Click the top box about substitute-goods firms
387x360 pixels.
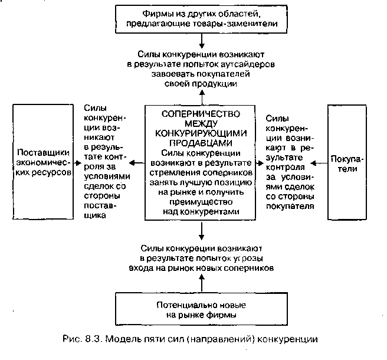point(201,18)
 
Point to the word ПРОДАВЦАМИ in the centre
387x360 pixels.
point(201,143)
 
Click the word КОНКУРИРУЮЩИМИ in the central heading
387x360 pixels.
point(201,133)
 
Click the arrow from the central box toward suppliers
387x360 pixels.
point(137,162)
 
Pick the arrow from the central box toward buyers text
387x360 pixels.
point(260,162)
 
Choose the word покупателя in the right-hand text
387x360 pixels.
point(289,206)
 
